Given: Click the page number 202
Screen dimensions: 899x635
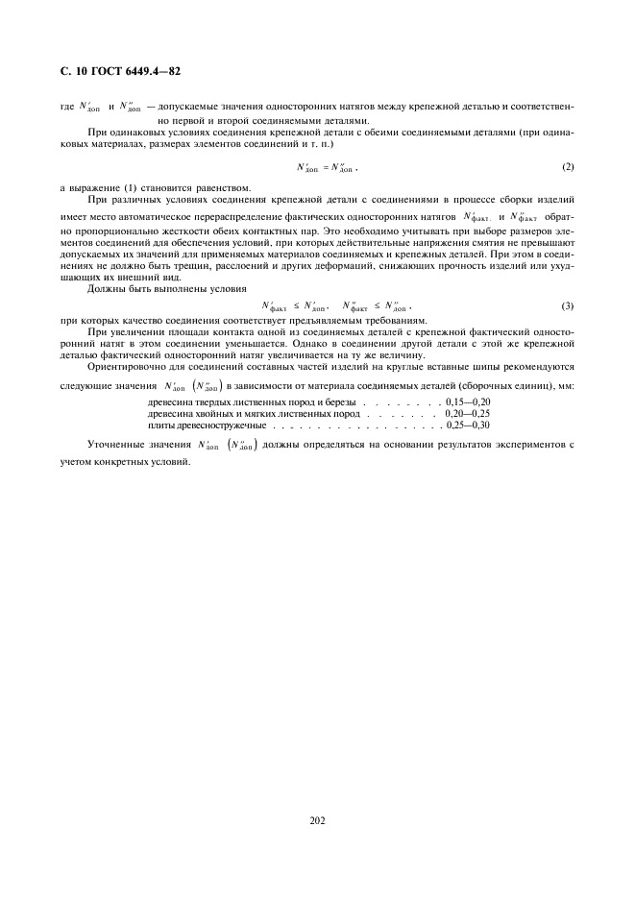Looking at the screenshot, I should click(x=318, y=820).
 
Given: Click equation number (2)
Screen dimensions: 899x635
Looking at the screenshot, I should click(x=567, y=168).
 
